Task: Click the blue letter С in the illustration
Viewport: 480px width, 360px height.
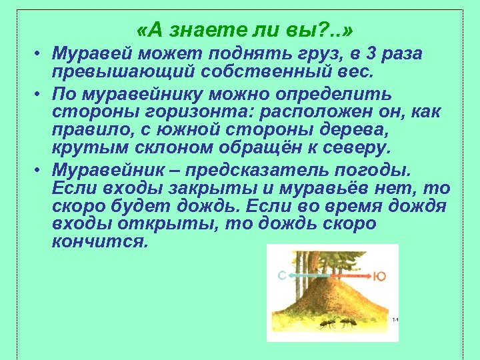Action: click(282, 275)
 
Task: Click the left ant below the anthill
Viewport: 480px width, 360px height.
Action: click(326, 325)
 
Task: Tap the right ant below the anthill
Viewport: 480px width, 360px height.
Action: click(346, 325)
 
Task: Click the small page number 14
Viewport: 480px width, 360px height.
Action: click(395, 319)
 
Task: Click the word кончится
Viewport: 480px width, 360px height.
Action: click(99, 241)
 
